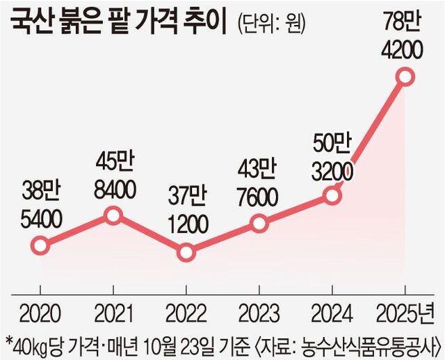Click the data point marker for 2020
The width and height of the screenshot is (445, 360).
tap(40, 245)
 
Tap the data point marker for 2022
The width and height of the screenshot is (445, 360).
tap(186, 252)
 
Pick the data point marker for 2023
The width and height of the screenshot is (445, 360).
tap(259, 223)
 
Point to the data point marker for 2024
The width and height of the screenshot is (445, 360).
tap(332, 197)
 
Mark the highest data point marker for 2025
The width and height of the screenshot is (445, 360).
tap(405, 76)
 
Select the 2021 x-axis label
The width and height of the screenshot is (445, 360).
tap(113, 310)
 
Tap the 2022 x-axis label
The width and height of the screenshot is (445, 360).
tap(186, 310)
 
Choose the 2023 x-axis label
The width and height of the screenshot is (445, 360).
tap(259, 310)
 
